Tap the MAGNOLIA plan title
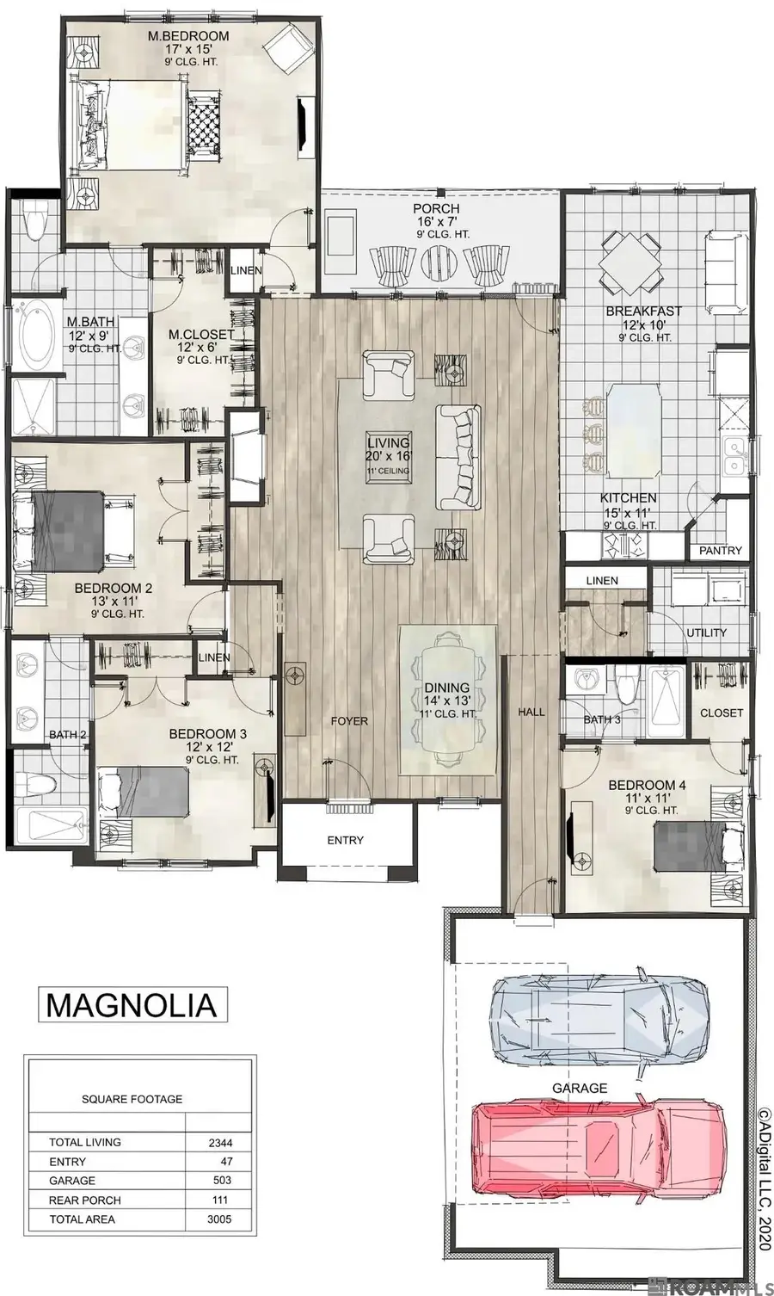pos(131,1004)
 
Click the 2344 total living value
pos(220,1143)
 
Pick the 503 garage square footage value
pos(220,1181)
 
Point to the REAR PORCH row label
pos(85,1200)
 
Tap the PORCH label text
pos(436,209)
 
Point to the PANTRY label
pos(720,551)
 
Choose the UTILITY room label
pos(706,633)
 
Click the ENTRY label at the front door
pos(345,840)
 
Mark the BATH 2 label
pos(68,735)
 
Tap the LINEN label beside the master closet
pos(246,270)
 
